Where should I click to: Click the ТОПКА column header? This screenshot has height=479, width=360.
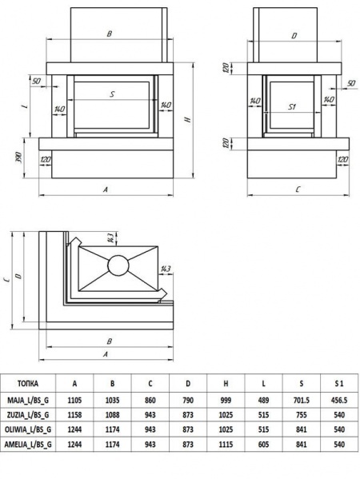click(27, 383)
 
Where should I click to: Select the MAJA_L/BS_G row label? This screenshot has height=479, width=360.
click(28, 400)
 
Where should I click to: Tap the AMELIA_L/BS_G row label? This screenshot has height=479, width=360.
click(28, 444)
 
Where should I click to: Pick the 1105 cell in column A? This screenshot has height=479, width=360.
click(74, 400)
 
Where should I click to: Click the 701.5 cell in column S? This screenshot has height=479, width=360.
click(302, 400)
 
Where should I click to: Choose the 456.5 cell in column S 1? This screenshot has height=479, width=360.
click(339, 400)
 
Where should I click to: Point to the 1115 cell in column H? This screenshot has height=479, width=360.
click(226, 444)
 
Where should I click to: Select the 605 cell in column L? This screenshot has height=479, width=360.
click(263, 444)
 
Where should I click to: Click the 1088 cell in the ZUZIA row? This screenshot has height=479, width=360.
click(113, 414)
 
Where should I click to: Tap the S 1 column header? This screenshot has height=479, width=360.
click(339, 383)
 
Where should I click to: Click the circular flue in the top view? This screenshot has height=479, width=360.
click(118, 265)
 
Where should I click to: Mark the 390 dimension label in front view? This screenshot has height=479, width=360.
click(18, 157)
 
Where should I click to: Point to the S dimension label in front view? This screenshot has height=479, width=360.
click(112, 94)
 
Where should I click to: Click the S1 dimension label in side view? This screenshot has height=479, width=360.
click(293, 107)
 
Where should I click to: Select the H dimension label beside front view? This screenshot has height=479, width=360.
click(188, 119)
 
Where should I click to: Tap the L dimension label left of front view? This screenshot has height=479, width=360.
click(26, 106)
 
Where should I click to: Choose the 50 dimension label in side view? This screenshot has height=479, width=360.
click(351, 83)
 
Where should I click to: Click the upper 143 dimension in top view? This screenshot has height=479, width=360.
click(111, 238)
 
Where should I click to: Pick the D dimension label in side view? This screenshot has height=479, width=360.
click(294, 36)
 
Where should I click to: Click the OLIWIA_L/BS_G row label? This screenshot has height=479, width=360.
click(28, 429)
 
